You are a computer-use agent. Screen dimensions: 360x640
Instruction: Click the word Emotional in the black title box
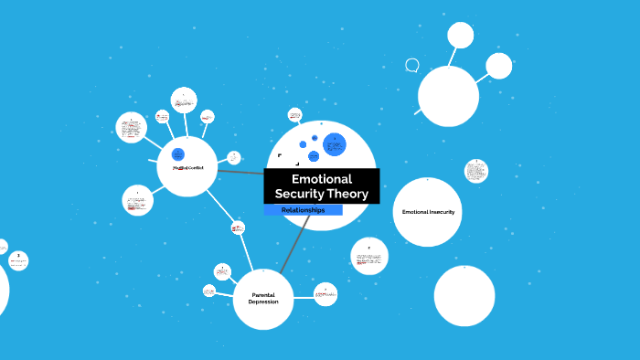point(321,179)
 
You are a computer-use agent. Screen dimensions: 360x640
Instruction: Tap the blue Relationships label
point(303,210)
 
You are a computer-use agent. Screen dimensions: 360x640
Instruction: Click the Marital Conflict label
point(187,167)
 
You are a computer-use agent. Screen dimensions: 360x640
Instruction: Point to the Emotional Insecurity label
point(428,212)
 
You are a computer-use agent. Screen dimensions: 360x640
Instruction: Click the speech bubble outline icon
point(412,65)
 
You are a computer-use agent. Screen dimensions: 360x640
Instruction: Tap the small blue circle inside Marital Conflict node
point(178,154)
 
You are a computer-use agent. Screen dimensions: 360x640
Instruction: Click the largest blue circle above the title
point(335,144)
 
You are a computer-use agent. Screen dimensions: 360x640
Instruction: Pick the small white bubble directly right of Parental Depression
point(325,294)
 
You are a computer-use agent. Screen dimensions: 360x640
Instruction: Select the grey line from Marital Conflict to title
point(240,171)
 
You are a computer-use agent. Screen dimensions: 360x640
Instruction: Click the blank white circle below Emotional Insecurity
point(464,295)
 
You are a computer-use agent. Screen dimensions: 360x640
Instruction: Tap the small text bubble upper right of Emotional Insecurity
point(475,171)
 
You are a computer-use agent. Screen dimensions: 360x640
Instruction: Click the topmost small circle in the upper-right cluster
point(460,35)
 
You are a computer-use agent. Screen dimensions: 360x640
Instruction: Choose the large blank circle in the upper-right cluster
point(448,96)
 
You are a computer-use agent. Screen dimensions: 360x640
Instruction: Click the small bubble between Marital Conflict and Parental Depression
point(238,228)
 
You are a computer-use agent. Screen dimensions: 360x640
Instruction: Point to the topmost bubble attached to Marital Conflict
point(184,101)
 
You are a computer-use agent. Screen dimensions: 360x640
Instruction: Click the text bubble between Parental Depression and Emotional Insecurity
point(369,256)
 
